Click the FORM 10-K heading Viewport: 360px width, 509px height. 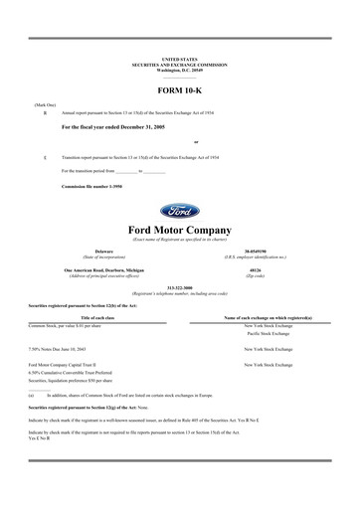179,92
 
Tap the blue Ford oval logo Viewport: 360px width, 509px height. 179,212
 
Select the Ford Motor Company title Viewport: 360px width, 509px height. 179,231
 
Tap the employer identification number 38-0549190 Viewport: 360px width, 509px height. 255,253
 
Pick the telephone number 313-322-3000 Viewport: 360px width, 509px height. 179,291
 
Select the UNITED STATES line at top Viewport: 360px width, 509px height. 179,60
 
